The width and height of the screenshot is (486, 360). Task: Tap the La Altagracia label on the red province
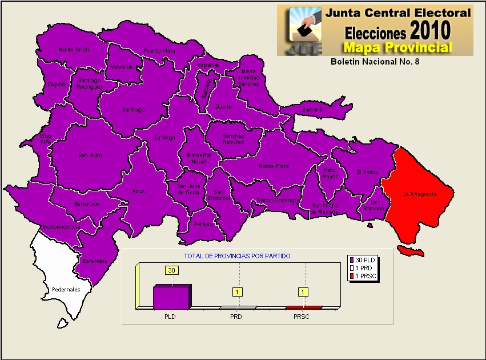click(x=420, y=194)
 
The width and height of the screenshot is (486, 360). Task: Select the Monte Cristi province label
click(x=74, y=50)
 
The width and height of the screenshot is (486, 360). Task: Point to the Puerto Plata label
click(x=159, y=51)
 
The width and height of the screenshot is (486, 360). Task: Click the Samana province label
click(x=312, y=109)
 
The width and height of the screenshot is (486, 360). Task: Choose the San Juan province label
click(x=90, y=155)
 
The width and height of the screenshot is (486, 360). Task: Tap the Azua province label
click(x=138, y=191)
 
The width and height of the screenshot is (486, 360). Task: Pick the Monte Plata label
click(x=274, y=166)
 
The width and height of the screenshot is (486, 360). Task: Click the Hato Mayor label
click(x=330, y=173)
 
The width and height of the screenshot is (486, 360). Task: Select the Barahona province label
click(x=95, y=261)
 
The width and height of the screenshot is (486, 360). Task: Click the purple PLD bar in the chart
click(x=171, y=297)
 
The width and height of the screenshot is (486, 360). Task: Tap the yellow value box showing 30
click(x=171, y=270)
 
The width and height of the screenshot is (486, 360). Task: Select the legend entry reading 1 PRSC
click(x=364, y=277)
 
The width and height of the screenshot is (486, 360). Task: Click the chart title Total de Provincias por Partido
click(x=236, y=257)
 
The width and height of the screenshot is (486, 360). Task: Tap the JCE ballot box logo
click(x=305, y=30)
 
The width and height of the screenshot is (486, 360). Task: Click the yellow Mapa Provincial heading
click(x=397, y=47)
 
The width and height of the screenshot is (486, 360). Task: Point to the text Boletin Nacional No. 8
click(x=375, y=61)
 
